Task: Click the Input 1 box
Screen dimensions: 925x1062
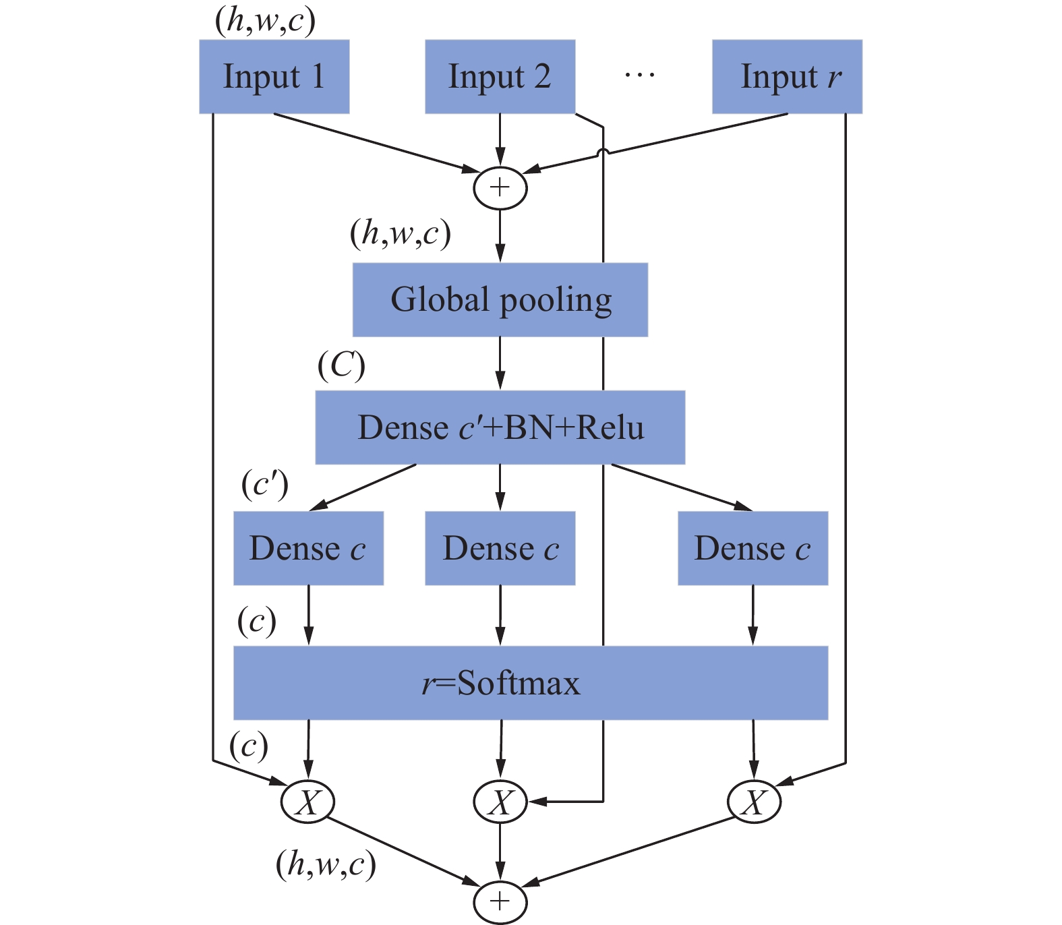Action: pyautogui.click(x=274, y=76)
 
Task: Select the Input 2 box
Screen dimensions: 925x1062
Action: pyautogui.click(x=500, y=76)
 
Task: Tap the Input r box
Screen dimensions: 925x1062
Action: pyautogui.click(x=787, y=76)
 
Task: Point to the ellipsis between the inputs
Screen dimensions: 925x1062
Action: pyautogui.click(x=639, y=74)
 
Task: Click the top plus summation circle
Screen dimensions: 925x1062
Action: pyautogui.click(x=500, y=187)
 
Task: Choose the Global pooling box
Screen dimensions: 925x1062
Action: pyautogui.click(x=500, y=299)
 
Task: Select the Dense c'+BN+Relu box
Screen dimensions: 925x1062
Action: pyautogui.click(x=500, y=427)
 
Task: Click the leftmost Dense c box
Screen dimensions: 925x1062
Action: pyautogui.click(x=308, y=548)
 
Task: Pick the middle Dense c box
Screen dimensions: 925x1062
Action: pyautogui.click(x=500, y=548)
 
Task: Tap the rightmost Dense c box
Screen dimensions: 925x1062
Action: pyautogui.click(x=753, y=548)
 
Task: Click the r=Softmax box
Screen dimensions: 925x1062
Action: pyautogui.click(x=530, y=683)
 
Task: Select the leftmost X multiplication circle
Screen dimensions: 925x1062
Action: pyautogui.click(x=307, y=802)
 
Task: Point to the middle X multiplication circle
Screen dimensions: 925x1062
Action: pyautogui.click(x=500, y=802)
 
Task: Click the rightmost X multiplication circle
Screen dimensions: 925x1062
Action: pyautogui.click(x=754, y=802)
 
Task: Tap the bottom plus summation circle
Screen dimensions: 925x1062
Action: pyautogui.click(x=500, y=901)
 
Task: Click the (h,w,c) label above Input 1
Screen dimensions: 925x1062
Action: pyautogui.click(x=265, y=20)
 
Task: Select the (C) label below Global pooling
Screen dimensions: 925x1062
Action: pyautogui.click(x=341, y=366)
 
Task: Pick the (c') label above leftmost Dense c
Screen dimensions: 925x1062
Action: pyautogui.click(x=264, y=485)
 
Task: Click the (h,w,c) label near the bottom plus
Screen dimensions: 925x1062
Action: pyautogui.click(x=326, y=864)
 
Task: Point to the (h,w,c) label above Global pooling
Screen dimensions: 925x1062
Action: pyautogui.click(x=400, y=234)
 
